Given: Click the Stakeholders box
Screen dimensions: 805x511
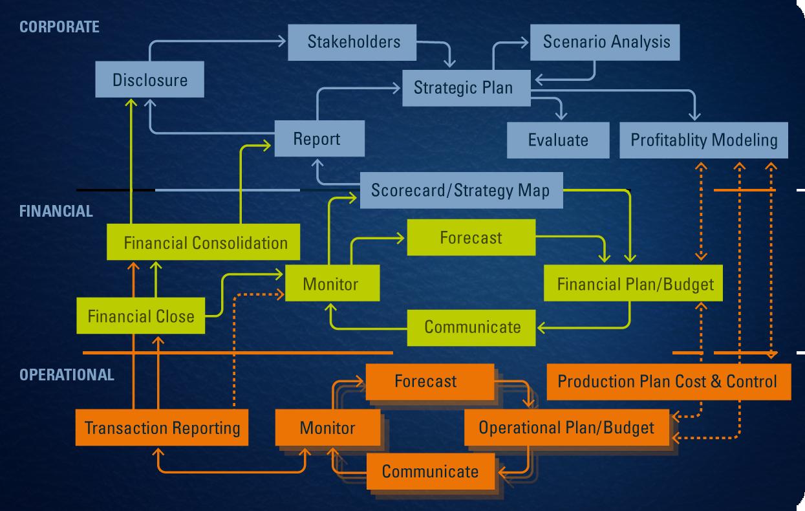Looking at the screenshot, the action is (352, 43).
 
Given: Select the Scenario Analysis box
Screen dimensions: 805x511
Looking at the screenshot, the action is (605, 43).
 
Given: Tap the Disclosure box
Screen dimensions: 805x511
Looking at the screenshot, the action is (149, 79).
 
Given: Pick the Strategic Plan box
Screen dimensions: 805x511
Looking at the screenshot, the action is (466, 88).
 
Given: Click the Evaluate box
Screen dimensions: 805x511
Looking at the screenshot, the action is (558, 140).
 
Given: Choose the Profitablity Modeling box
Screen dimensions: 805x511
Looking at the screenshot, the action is (703, 140).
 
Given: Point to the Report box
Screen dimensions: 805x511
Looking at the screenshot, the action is (319, 138).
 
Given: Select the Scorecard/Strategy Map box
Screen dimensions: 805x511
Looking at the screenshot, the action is (462, 190).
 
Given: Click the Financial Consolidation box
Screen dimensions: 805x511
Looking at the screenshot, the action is (204, 242).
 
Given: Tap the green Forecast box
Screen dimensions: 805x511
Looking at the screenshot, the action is (471, 237).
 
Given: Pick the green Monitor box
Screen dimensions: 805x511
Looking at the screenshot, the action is (332, 283).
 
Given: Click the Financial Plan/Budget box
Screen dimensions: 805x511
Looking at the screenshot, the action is (633, 283).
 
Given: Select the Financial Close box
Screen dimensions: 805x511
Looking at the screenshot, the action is (141, 316).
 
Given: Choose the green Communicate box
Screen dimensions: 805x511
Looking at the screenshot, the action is (471, 328).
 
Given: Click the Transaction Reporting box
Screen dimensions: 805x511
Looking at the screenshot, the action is (162, 428).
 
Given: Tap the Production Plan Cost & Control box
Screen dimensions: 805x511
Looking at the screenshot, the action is (669, 382).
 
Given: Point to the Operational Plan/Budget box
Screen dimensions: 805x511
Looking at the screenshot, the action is (567, 428).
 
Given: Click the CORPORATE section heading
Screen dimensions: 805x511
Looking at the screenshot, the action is (59, 27).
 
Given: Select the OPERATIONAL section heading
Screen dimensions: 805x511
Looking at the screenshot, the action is (67, 375).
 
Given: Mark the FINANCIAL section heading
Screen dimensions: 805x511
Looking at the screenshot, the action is (56, 211).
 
